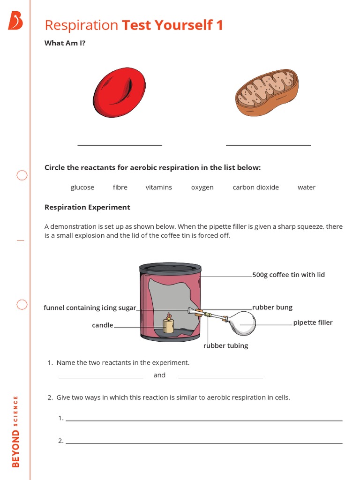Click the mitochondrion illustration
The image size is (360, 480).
pos(266,92)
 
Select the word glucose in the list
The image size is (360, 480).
pos(82,187)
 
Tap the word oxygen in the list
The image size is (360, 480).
pos(202,187)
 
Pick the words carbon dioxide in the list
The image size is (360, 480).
pos(255,187)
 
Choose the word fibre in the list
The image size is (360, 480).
pos(120,187)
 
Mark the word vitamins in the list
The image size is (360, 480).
pos(158,187)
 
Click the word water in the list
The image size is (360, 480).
pos(307,187)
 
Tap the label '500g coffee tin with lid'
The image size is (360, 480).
pos(288,275)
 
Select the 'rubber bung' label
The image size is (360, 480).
pos(272,307)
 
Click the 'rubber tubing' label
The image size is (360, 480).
pos(225,346)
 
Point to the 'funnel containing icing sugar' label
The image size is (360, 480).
pos(90,308)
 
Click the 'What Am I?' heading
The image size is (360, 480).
pos(65,43)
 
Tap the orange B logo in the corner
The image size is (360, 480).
pos(15,21)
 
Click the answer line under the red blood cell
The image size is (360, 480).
pos(120,145)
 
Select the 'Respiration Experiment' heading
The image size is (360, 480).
pos(87,207)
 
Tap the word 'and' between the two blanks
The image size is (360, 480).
pos(159,375)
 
